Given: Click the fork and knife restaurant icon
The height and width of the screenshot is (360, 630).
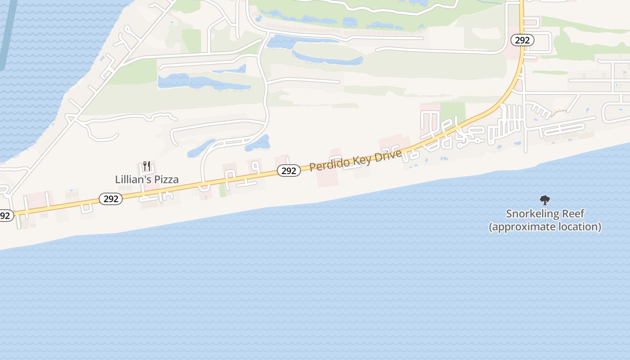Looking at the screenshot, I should coord(146,166).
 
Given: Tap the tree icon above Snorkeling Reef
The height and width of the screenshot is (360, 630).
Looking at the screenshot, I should coord(544,200).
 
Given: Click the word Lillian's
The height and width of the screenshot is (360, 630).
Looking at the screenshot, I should coord(131,179).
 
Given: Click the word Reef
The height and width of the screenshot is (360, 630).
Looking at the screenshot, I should coord(573,213).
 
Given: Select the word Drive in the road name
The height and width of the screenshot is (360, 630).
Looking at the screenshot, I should coord(385,155).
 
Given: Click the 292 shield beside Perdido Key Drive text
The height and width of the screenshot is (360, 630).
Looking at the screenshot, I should coord(288,171).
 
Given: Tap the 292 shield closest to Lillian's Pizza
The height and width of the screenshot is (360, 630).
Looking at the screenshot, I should coord(111,198).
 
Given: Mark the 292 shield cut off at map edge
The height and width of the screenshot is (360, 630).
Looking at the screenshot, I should coord(5,216).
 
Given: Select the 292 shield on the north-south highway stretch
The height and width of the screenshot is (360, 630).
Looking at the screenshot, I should coord(522,40).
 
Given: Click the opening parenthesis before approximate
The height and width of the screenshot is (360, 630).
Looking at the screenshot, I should coord(491,227).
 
